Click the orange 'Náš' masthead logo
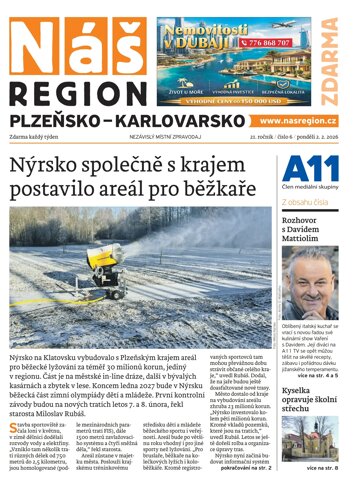[52, 30]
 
